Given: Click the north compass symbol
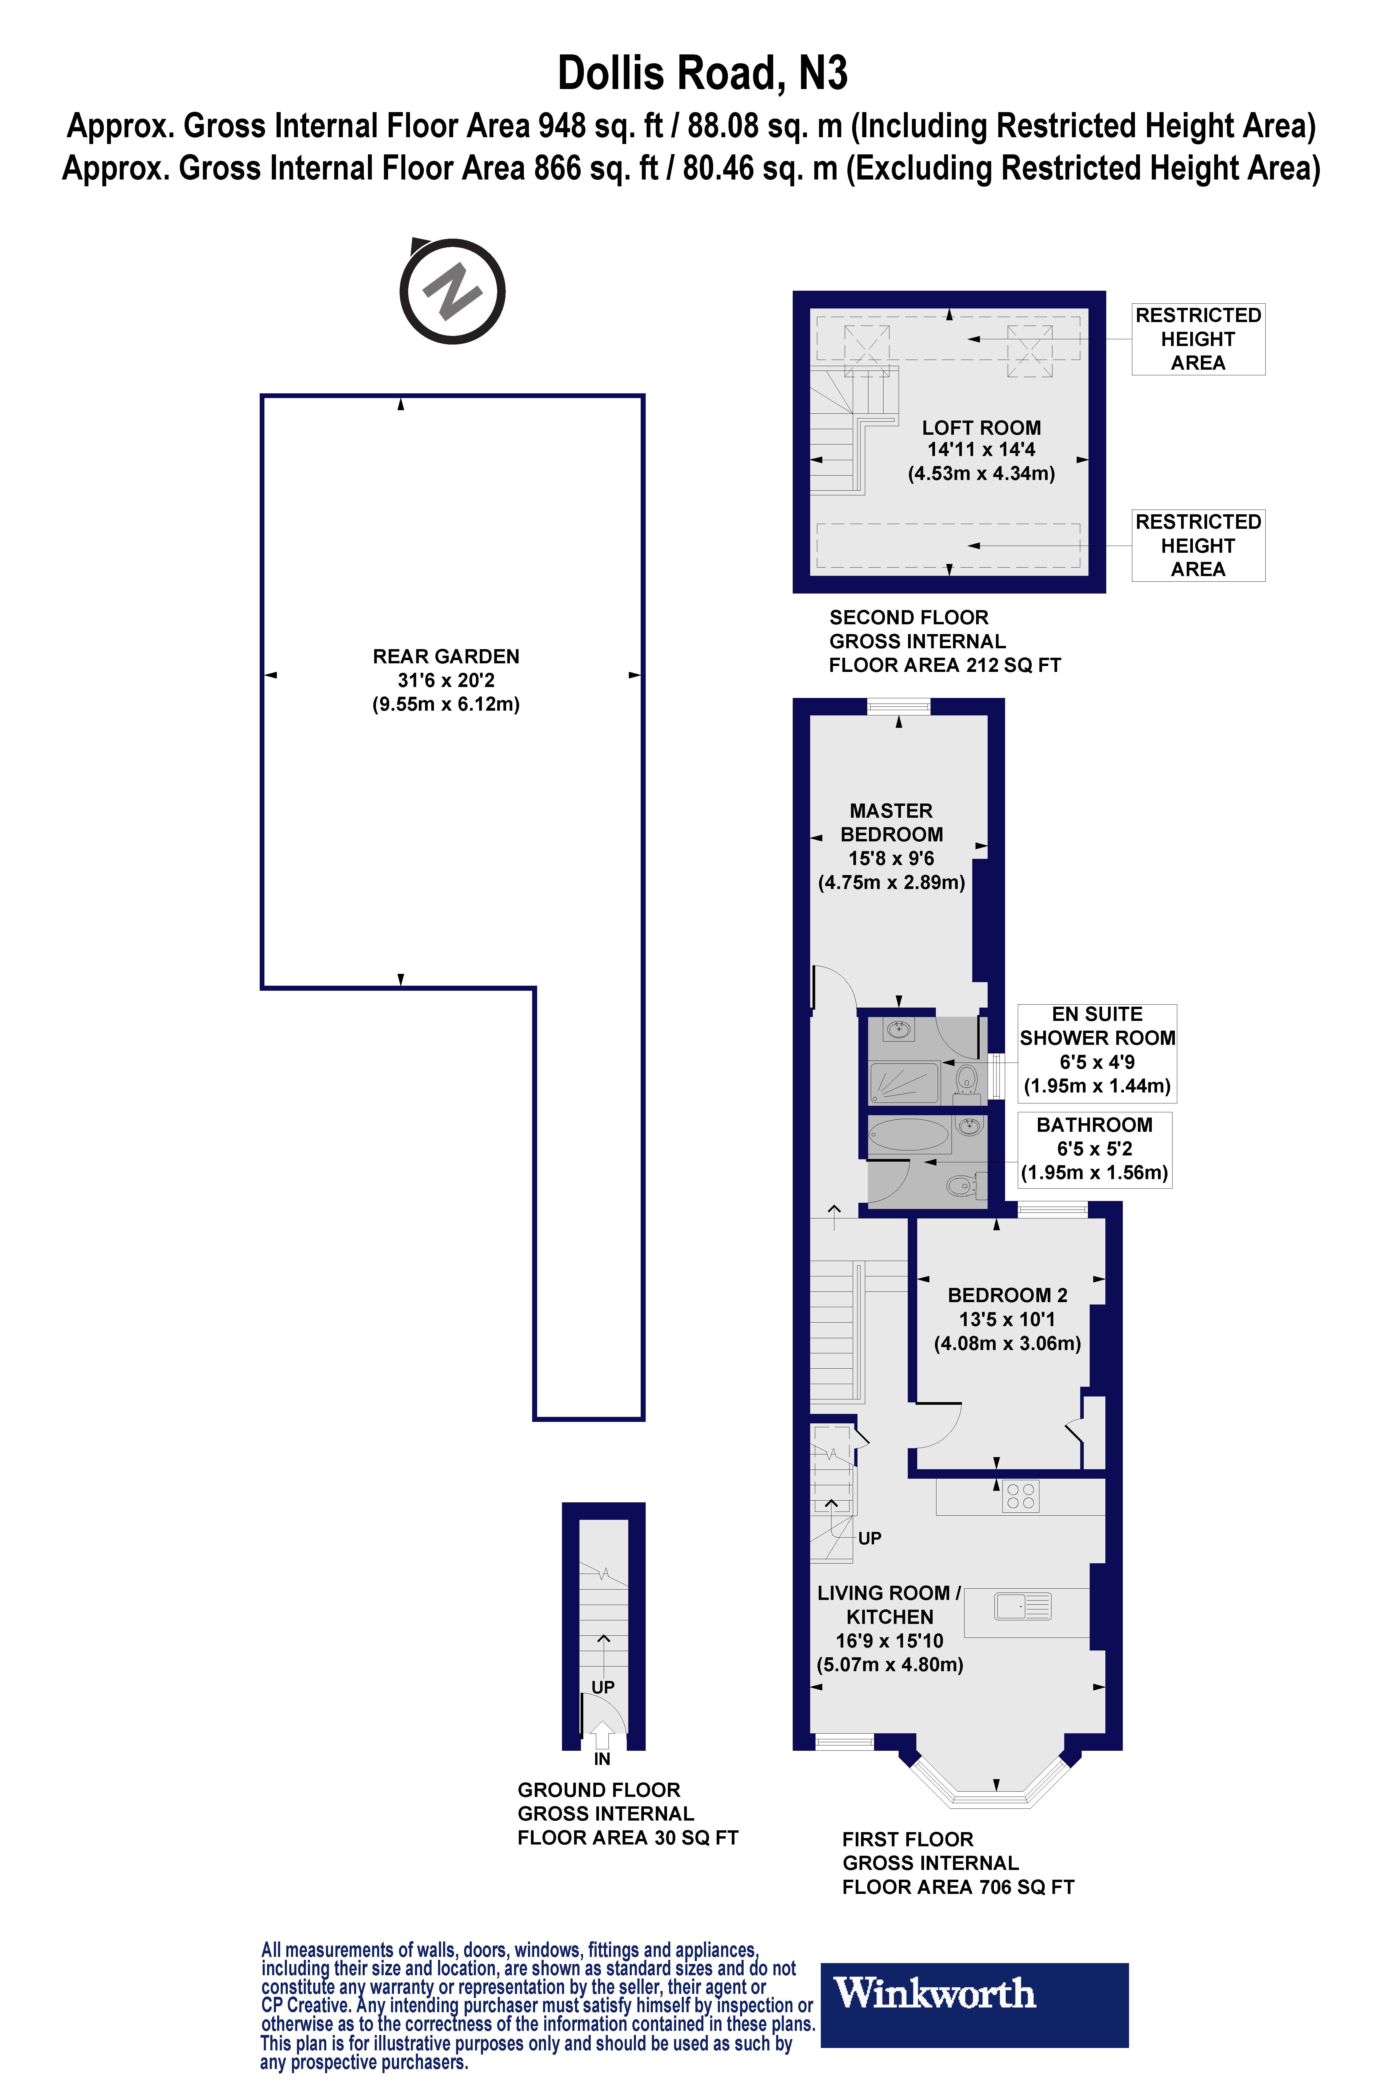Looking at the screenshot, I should pos(453,291).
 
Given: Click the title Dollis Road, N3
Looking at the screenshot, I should pos(702,73).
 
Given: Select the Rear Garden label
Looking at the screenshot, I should pos(445,680).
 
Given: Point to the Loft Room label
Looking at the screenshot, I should pos(981,450).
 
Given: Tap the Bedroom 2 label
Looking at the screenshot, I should pos(1007,1319).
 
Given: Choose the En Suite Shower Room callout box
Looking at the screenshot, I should pos(1097,1050).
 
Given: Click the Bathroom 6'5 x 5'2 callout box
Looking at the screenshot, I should pos(1094,1149).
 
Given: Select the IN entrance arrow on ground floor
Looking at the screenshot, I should pos(602,1735).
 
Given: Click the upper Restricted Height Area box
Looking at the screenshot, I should pos(1197,340).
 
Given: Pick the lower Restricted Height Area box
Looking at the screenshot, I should pos(1197,545).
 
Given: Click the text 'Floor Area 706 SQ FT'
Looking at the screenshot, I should pos(958,1887).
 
